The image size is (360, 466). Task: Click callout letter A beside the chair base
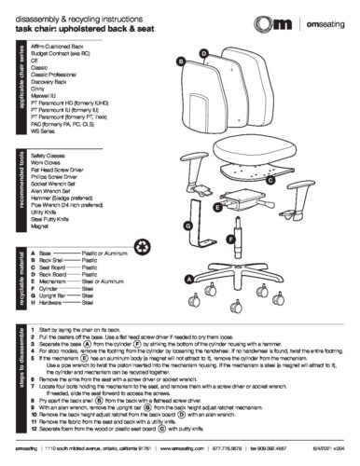point(188,278)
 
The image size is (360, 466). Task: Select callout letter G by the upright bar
point(187,226)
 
